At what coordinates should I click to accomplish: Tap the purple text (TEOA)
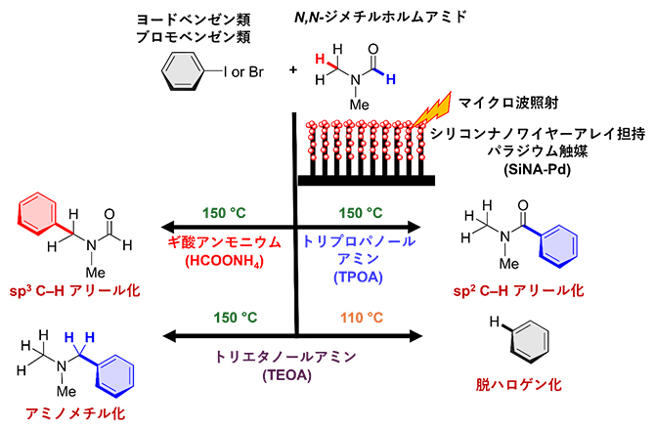(295, 376)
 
